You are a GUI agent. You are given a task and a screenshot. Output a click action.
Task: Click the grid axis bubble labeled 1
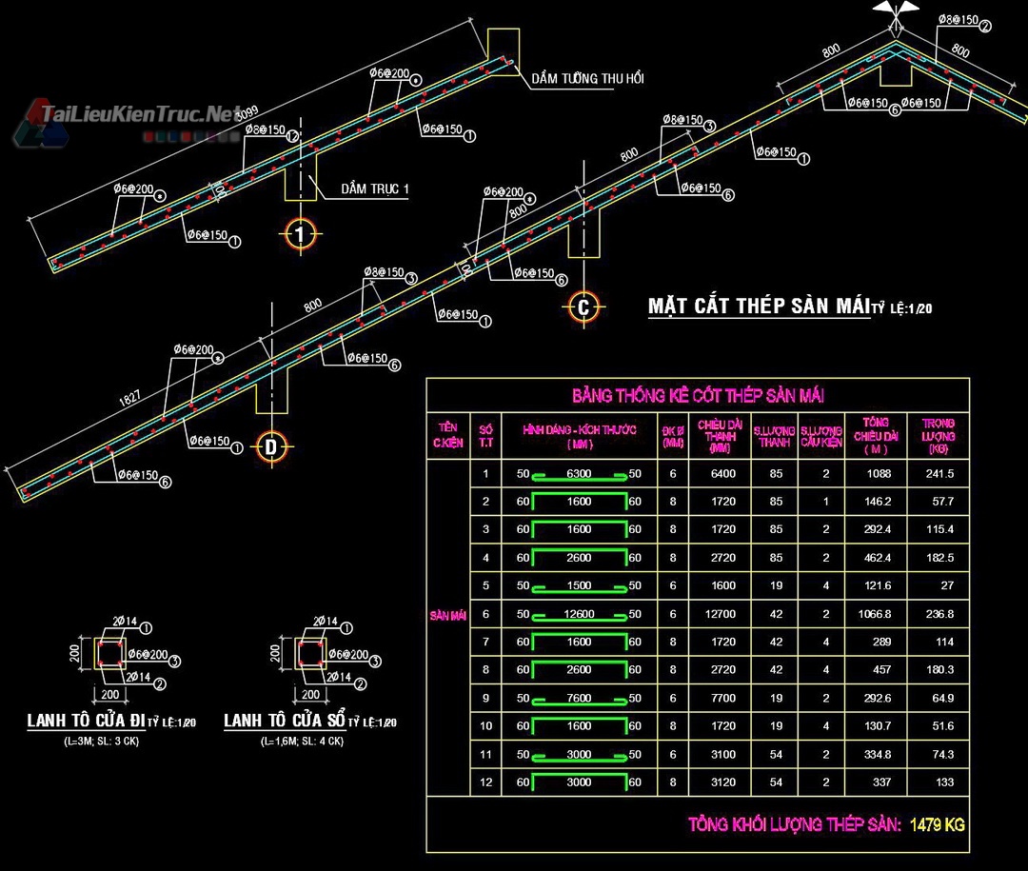click(x=300, y=234)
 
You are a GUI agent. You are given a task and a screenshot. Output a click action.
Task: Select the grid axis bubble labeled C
click(x=583, y=307)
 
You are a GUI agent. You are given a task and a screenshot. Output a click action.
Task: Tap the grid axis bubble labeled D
click(x=271, y=445)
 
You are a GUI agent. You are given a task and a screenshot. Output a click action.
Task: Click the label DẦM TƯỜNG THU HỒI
click(x=587, y=79)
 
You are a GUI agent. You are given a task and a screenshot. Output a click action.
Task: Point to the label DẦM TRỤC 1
click(x=375, y=189)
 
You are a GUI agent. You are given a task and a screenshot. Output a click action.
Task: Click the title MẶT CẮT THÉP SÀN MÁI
click(x=759, y=307)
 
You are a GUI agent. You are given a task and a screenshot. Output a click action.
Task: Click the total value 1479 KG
click(x=937, y=824)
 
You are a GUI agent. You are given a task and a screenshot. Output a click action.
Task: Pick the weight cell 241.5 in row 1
click(x=939, y=474)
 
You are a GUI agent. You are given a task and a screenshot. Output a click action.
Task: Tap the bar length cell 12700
click(x=723, y=615)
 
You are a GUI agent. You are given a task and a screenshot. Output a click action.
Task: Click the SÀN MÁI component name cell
click(x=447, y=616)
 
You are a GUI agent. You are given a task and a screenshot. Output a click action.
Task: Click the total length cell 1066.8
click(x=877, y=615)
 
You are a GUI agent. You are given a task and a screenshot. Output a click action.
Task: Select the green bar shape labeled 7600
click(x=579, y=699)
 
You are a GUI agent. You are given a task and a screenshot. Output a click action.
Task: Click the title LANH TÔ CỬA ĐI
click(x=86, y=722)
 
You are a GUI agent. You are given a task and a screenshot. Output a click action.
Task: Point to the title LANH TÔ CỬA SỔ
click(x=284, y=722)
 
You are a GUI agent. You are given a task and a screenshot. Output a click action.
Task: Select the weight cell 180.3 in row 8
click(x=939, y=670)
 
